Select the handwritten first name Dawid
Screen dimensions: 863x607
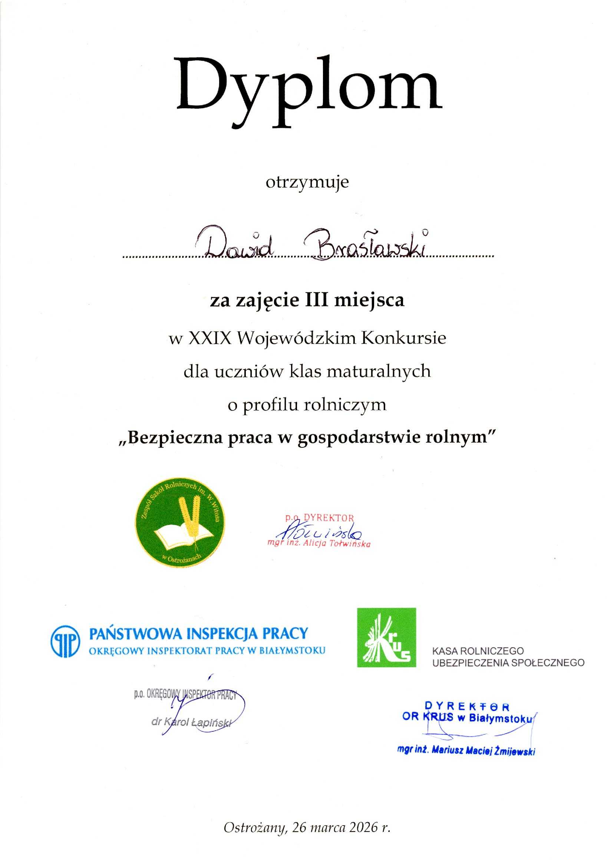coord(238,246)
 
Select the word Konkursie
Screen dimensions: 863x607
coord(403,338)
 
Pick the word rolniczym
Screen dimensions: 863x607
coord(345,405)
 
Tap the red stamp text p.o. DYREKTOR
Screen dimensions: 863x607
coord(319,518)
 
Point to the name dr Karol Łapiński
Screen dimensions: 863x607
coord(191,722)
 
